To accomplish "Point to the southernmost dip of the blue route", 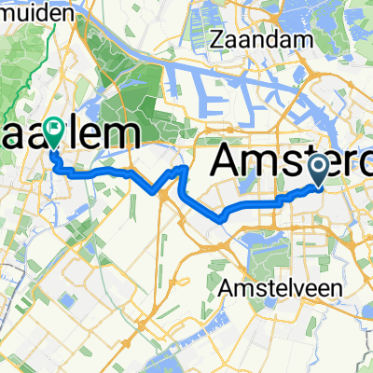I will [x=222, y=219].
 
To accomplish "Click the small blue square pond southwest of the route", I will [x=69, y=300].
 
